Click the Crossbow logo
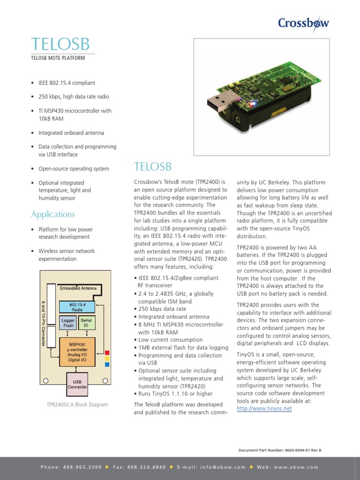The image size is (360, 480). (x=303, y=22)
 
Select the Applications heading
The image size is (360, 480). (x=53, y=214)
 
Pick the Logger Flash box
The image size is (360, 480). (x=68, y=322)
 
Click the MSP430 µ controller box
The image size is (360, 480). (x=77, y=351)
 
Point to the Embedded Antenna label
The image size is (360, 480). (x=78, y=288)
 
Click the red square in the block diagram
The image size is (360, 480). (x=107, y=352)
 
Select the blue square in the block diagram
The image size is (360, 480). (x=107, y=364)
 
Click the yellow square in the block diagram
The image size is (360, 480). (x=107, y=358)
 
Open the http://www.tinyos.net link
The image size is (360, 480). (x=264, y=409)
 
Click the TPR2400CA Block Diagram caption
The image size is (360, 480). (x=77, y=405)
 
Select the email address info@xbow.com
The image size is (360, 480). (x=223, y=467)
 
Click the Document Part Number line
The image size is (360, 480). (x=280, y=450)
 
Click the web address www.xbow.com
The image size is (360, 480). (x=295, y=467)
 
